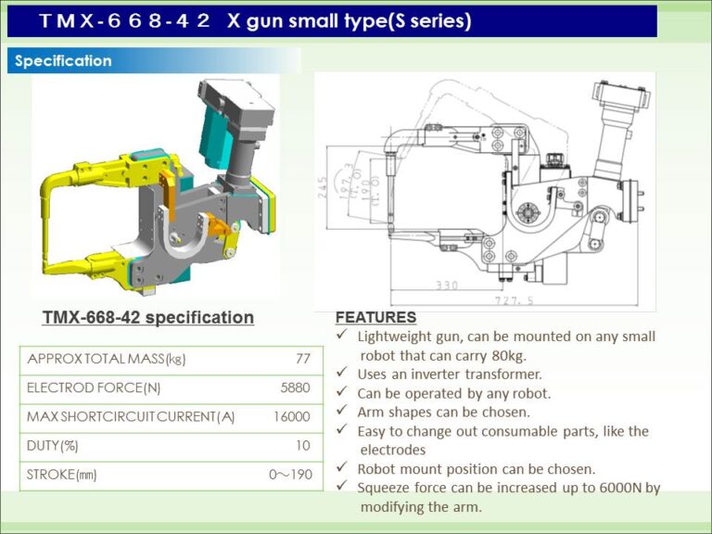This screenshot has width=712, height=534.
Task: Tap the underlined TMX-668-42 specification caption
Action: click(148, 318)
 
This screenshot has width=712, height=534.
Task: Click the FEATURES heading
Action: click(375, 317)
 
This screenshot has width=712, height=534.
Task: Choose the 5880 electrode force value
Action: click(296, 388)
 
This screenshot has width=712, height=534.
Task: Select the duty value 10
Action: click(302, 446)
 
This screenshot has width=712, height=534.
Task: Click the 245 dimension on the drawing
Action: click(324, 189)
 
